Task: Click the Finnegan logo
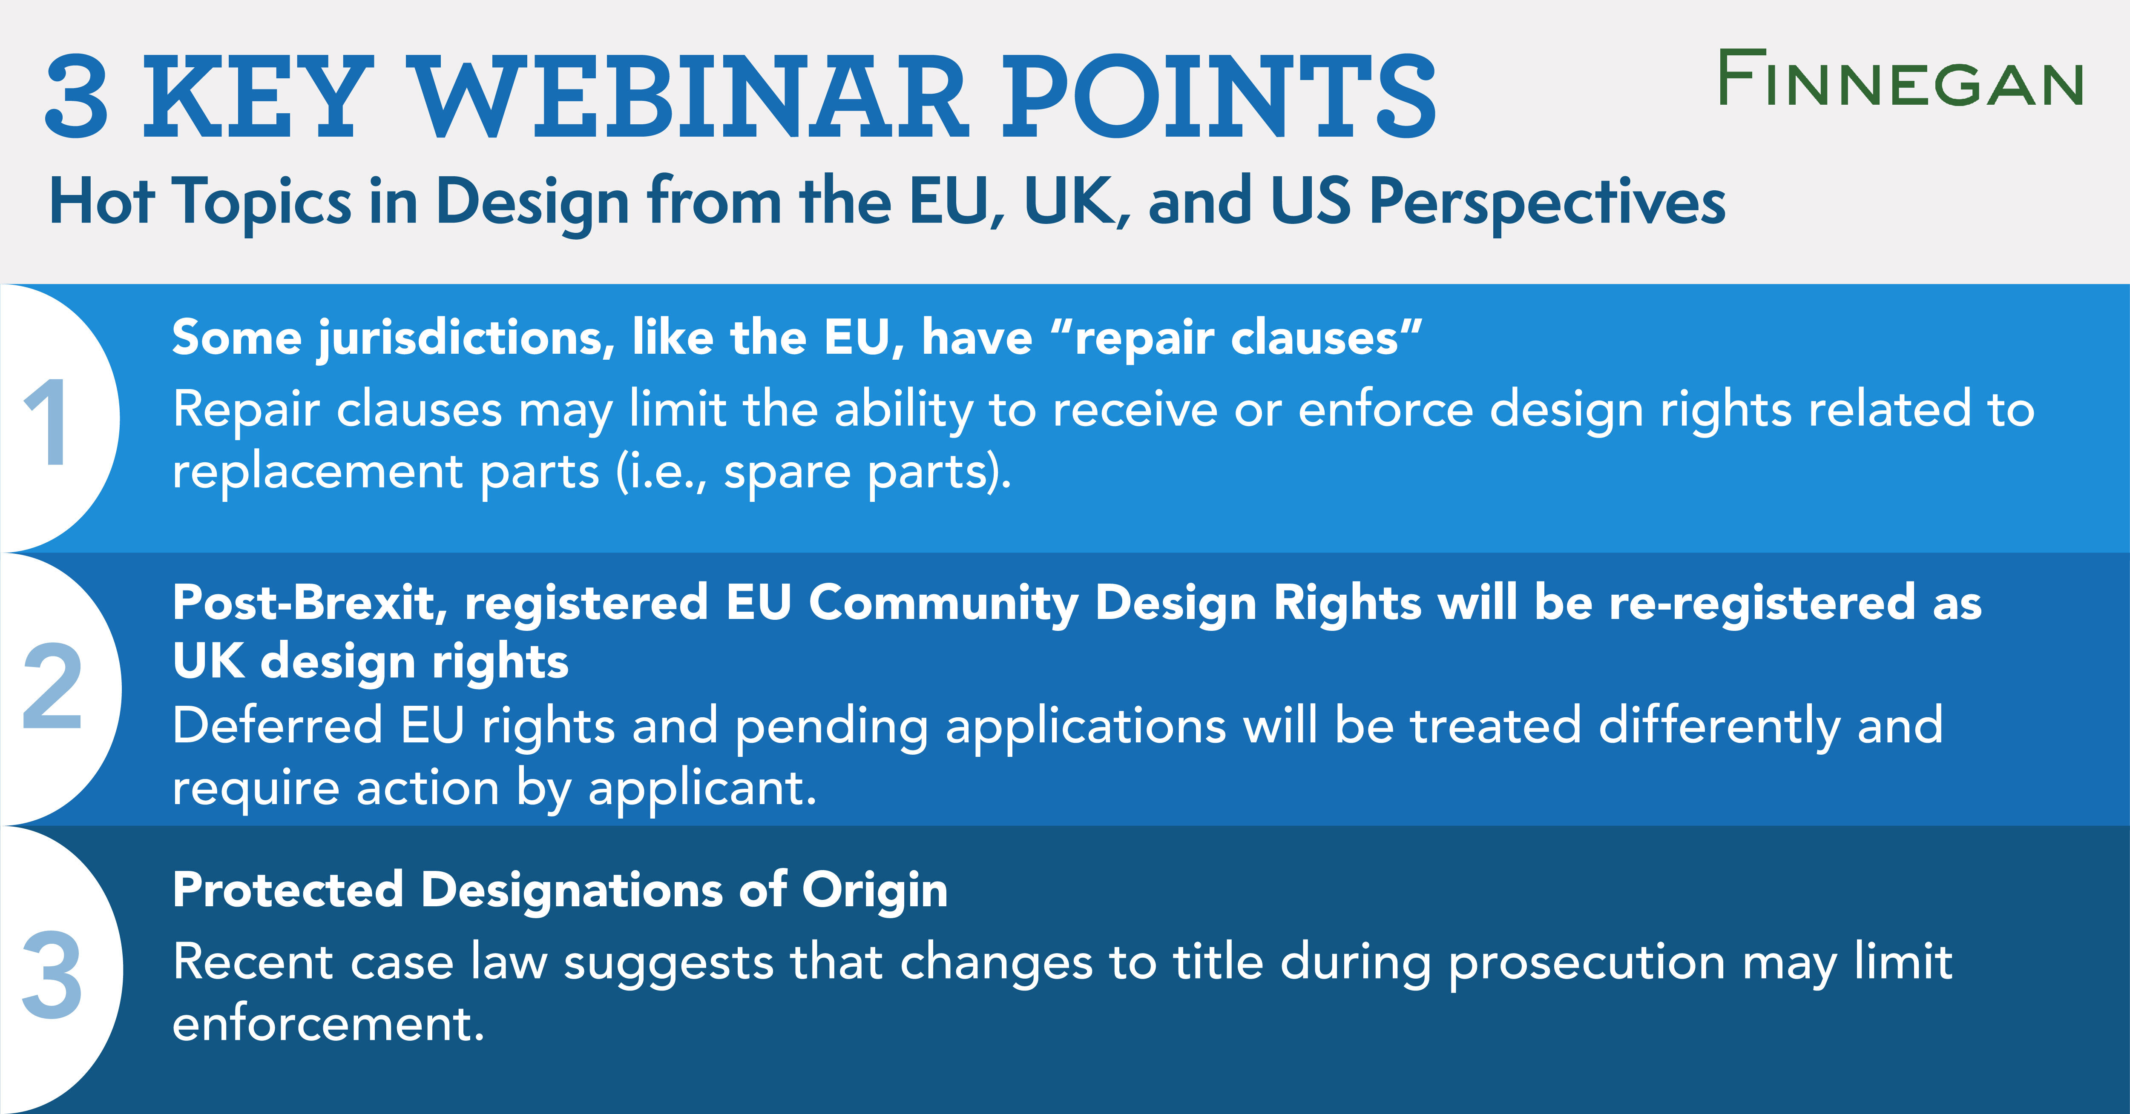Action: pyautogui.click(x=1900, y=79)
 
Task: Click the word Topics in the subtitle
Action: pyautogui.click(x=262, y=203)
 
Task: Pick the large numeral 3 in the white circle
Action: pyautogui.click(x=51, y=975)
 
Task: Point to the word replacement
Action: pyautogui.click(x=317, y=472)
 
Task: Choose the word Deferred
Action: pyautogui.click(x=277, y=726)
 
